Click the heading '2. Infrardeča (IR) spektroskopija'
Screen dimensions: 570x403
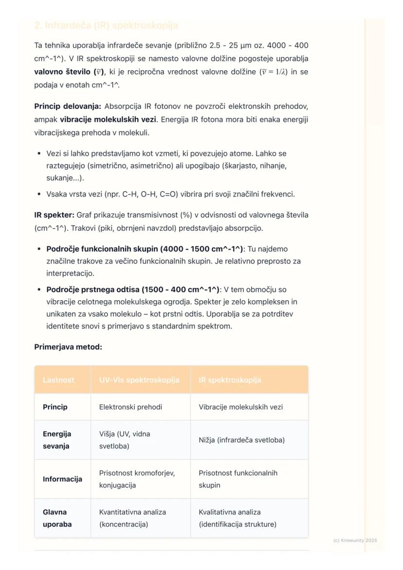[106, 25]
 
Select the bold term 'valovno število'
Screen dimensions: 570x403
[63, 72]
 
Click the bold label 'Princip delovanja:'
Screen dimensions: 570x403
[68, 106]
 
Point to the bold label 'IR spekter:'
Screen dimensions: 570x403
[54, 215]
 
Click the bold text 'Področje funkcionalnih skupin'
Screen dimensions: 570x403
[102, 249]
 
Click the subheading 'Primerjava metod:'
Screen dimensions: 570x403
[68, 347]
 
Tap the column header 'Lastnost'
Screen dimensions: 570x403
[58, 380]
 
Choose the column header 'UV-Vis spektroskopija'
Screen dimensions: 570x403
[139, 380]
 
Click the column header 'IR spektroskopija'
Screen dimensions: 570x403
[230, 380]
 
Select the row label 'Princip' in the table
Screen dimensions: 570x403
[55, 407]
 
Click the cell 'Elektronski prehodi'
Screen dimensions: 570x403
[130, 407]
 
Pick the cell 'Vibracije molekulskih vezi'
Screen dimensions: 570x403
[240, 407]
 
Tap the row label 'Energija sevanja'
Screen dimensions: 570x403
[56, 440]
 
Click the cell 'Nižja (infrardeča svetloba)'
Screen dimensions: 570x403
[241, 440]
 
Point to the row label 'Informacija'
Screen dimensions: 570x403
[62, 479]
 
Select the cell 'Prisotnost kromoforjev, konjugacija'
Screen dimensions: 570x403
[137, 479]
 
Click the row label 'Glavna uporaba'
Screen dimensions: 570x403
[57, 518]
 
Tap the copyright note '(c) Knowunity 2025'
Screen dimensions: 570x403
[355, 540]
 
